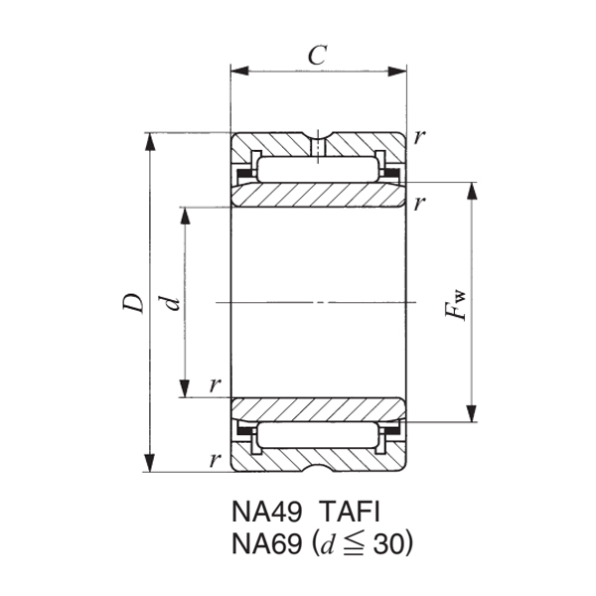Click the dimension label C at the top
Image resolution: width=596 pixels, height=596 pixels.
(x=317, y=56)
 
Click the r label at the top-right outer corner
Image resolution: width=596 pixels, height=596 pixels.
(x=421, y=137)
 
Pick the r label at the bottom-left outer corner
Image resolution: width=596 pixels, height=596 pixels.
(x=214, y=459)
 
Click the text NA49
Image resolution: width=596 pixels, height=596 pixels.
(x=267, y=512)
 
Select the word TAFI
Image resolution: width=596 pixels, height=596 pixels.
(x=351, y=512)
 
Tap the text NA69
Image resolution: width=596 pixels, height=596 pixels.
(x=267, y=544)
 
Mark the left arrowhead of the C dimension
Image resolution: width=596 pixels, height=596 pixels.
(x=237, y=71)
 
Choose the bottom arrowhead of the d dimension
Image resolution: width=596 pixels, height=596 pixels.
(x=185, y=388)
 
